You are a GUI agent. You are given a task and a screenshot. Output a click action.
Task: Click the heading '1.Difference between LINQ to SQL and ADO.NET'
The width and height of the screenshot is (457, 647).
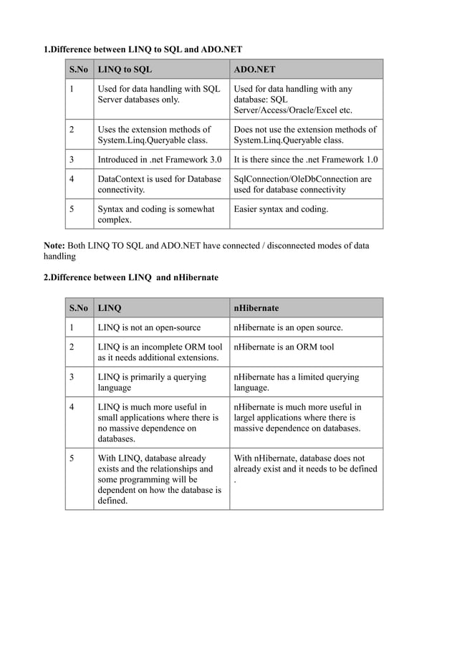click(143, 49)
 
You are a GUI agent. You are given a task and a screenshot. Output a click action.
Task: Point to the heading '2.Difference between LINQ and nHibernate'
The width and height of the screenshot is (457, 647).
click(131, 277)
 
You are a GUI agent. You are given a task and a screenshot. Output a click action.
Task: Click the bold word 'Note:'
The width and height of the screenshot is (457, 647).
click(56, 246)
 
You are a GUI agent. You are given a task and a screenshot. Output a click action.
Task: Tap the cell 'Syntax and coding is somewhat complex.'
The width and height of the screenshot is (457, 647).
click(155, 215)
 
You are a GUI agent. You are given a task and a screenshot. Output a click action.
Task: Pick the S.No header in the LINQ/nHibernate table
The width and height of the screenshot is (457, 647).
click(79, 308)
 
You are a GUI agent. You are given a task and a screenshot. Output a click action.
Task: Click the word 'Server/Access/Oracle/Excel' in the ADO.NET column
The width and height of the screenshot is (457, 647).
click(292, 111)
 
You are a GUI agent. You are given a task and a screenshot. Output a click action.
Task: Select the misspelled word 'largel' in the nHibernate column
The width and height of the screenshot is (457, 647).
click(247, 417)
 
